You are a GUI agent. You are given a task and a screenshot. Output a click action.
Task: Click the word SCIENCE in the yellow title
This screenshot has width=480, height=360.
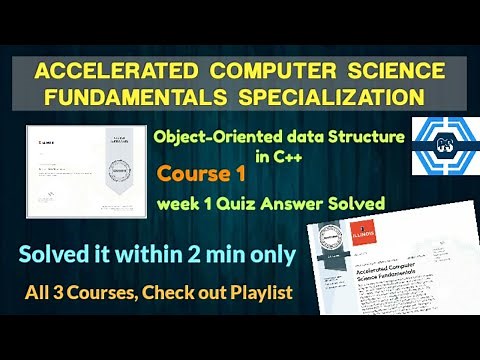click(x=401, y=71)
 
